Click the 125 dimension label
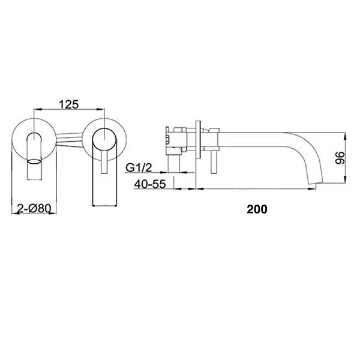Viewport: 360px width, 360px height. tap(68, 104)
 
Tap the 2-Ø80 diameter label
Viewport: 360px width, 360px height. tap(34, 209)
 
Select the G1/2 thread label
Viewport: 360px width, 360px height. tap(139, 167)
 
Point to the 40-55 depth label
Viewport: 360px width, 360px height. tap(149, 184)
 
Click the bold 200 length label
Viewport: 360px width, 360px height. tap(257, 209)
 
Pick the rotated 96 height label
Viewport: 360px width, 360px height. tap(340, 157)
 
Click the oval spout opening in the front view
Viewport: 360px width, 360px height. tap(35, 161)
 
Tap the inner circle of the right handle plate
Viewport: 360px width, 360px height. tap(104, 140)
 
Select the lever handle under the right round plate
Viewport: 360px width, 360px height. tap(104, 162)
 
